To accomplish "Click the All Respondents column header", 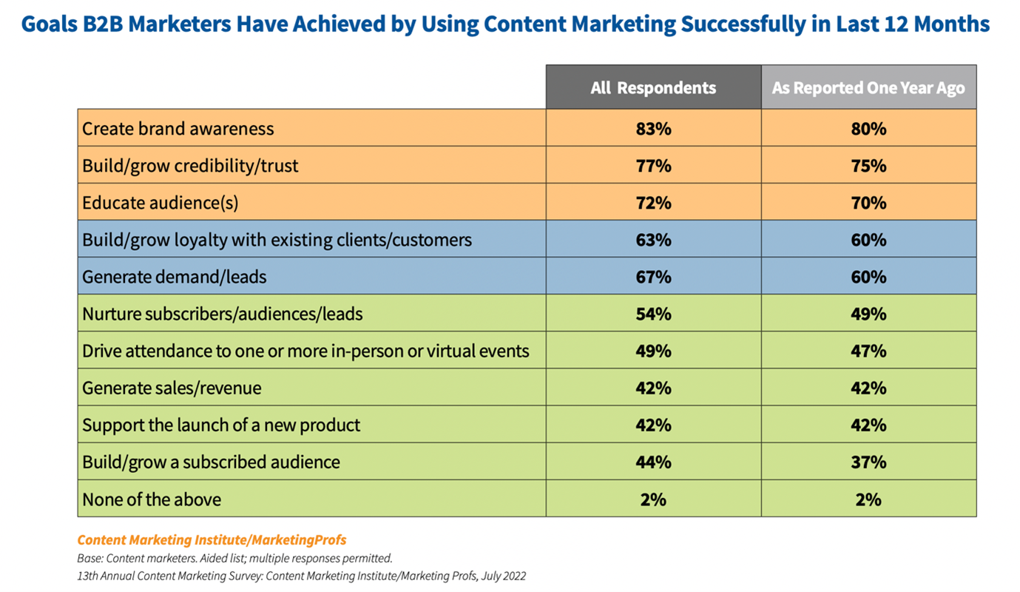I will point(653,88).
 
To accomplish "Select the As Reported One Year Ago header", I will point(868,88).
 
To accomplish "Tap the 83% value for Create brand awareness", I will point(653,129).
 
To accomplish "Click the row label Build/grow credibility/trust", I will point(190,166).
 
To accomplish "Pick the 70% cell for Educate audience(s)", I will point(868,203).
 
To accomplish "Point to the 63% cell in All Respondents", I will point(653,240).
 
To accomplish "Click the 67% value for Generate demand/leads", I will point(653,277).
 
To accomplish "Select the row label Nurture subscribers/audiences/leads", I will point(222,314).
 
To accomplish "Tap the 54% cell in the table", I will point(653,314).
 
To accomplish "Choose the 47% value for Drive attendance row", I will point(868,351).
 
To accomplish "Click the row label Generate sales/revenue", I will point(172,388).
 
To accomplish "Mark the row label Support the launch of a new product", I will point(221,425).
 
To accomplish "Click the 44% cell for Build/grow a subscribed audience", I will point(653,462).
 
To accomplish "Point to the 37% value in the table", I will point(868,462).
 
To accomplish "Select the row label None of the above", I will point(152,499).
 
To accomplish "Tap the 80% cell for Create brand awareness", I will point(868,129).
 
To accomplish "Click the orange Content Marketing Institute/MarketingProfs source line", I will point(212,539).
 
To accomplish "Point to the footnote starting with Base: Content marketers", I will point(234,558).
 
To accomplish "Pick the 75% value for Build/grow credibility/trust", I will point(868,166).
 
